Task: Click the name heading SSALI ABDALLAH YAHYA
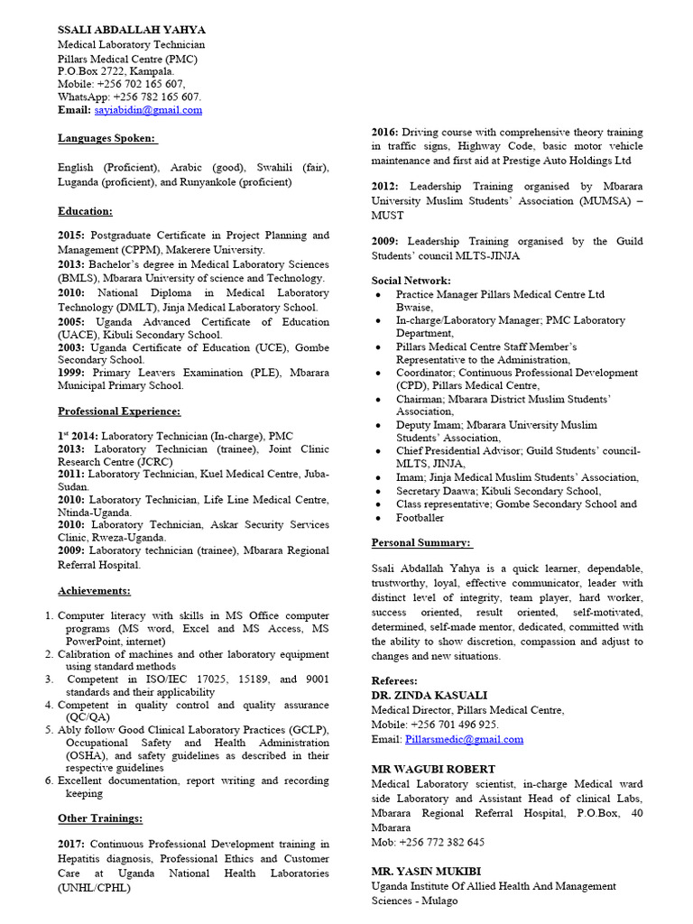click(132, 30)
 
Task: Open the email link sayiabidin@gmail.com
click(148, 110)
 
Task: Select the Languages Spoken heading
click(107, 138)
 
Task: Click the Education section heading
click(85, 210)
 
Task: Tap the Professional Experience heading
click(119, 411)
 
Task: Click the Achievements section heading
click(94, 591)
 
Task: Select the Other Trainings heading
click(100, 818)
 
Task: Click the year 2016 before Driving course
click(384, 132)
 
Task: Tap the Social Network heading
click(411, 281)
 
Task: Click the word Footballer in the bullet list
click(420, 518)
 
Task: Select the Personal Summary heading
click(421, 542)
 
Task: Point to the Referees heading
click(394, 680)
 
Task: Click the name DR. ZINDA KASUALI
click(429, 696)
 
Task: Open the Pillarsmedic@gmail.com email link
click(464, 739)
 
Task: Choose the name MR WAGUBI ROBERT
click(433, 769)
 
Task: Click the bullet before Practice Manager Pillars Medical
click(377, 295)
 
